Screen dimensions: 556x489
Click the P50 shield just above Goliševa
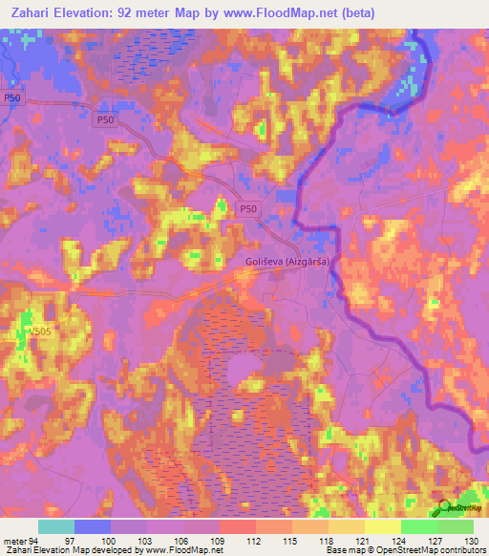point(248,209)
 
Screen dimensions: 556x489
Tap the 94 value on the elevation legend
point(34,541)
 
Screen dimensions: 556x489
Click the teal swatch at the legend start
point(55,526)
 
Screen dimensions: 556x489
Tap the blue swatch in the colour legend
point(92,526)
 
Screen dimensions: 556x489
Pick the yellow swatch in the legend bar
point(382,526)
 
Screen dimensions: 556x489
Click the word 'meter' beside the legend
point(14,541)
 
